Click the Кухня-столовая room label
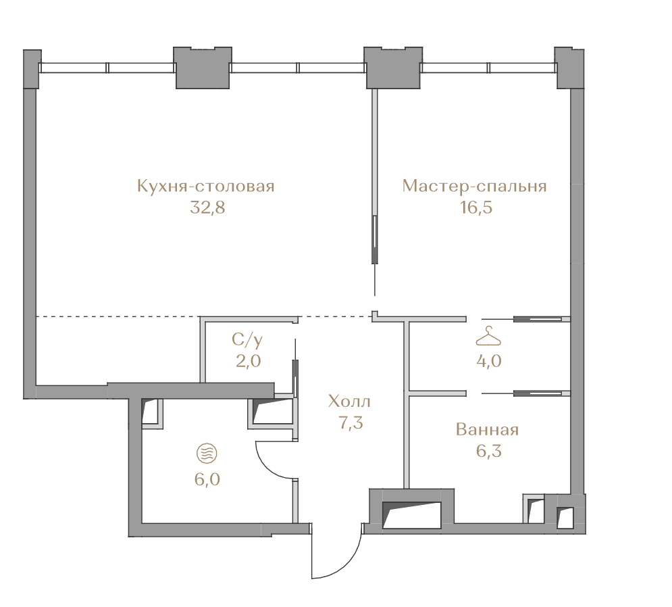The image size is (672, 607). (206, 187)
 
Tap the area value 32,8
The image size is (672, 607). (207, 208)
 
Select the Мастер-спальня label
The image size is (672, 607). (474, 187)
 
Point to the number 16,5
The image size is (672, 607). (475, 208)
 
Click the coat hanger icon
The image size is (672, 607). (488, 336)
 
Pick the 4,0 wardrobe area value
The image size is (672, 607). (488, 361)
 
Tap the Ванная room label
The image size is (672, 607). (488, 429)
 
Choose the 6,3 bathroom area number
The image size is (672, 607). (488, 452)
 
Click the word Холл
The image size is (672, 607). (349, 402)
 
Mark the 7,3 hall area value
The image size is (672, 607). (351, 423)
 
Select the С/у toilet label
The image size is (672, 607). (247, 340)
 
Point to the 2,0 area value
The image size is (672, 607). (248, 361)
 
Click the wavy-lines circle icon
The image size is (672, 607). (207, 454)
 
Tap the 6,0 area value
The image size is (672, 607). (207, 479)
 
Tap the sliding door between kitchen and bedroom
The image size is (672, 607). (375, 239)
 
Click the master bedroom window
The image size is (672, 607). (489, 68)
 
